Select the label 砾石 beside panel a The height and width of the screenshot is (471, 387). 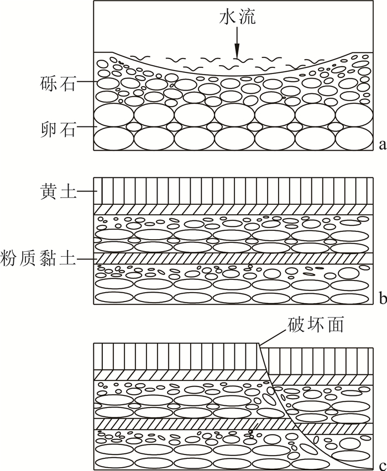[56, 83]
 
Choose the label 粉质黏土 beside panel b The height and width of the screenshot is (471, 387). [40, 258]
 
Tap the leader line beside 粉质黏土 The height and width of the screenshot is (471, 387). [87, 258]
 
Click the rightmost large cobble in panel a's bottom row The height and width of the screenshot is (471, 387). [354, 138]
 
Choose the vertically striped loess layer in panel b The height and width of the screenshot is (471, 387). [232, 190]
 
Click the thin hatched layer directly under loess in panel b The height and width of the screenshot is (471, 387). [232, 209]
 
